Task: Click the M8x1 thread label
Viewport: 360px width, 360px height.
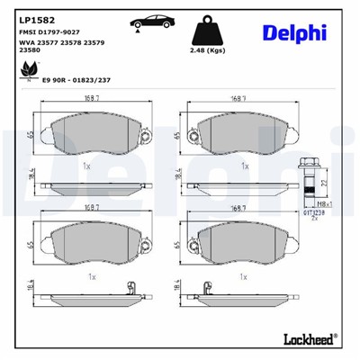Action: coord(337,204)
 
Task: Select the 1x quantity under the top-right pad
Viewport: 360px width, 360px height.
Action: coord(244,166)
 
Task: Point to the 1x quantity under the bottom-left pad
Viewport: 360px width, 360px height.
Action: coord(92,278)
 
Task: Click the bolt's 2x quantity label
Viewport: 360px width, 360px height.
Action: coord(314,219)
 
